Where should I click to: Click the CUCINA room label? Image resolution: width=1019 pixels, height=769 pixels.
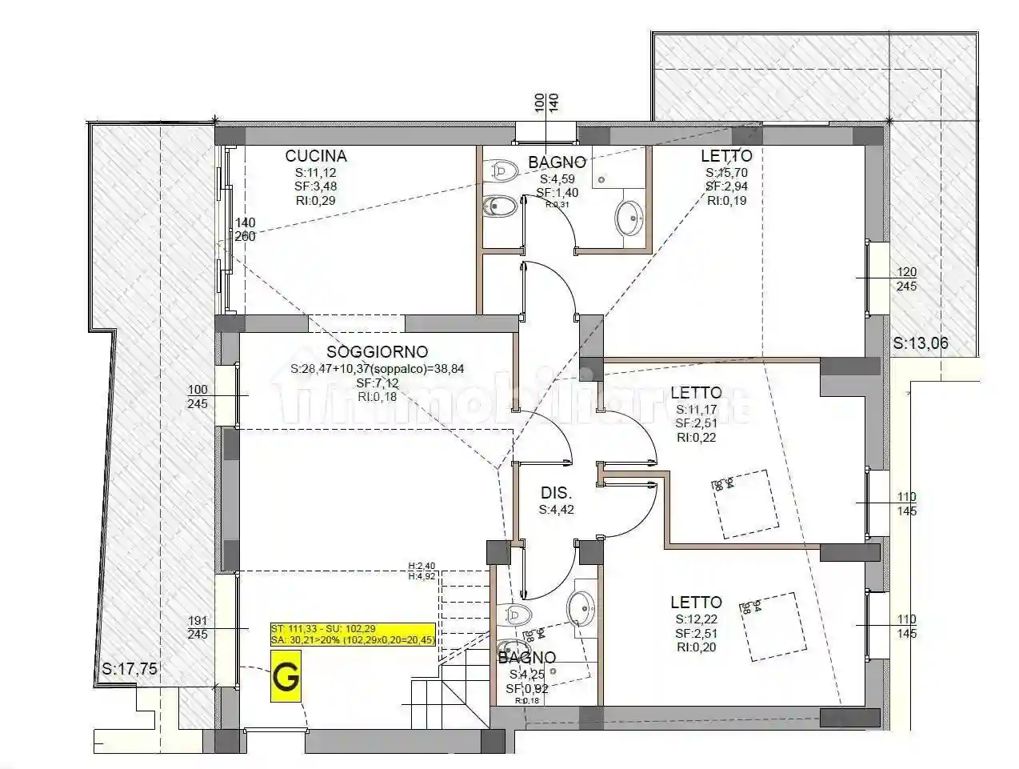pos(316,156)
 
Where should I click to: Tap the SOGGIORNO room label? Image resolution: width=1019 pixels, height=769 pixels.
pos(377,352)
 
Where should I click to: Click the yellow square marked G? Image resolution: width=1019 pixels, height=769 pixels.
pos(286,677)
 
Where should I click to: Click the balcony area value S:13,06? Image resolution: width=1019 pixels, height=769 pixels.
pos(921,344)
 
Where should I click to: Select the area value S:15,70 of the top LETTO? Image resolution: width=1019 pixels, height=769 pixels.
pos(726,172)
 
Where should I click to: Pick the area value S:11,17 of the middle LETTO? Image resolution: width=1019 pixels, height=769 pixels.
pos(696,409)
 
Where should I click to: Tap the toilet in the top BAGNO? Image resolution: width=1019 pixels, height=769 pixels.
pos(502,170)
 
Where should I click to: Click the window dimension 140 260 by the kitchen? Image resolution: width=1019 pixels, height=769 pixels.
pos(245,230)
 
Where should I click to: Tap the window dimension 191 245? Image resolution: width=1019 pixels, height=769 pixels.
pos(198,627)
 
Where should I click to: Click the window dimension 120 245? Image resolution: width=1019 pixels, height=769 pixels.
pos(906,279)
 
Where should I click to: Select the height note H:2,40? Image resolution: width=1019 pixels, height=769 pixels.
pos(422,566)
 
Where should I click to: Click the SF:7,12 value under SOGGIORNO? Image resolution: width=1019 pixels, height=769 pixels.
pos(377,382)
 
